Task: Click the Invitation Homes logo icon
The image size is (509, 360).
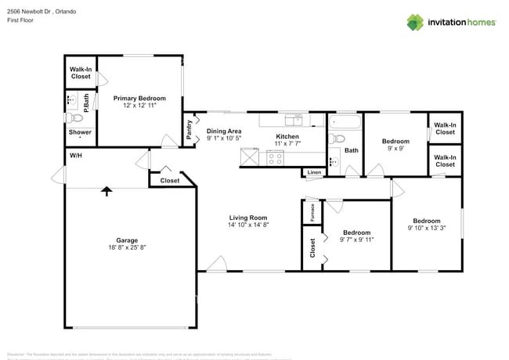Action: coord(415,22)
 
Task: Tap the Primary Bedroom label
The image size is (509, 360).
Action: coord(140,98)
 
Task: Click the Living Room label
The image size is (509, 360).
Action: coord(248,218)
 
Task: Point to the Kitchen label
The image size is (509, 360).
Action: coord(287,137)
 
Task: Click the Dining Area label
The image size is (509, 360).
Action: coord(224,131)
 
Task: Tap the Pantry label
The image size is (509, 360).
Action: coord(190,129)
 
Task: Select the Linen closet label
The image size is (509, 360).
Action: coord(314,172)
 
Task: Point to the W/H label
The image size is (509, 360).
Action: coord(77,156)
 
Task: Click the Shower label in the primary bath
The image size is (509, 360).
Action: coord(80,132)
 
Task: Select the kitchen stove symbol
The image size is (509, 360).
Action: coord(275,157)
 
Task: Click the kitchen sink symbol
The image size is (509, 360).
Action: coord(294,120)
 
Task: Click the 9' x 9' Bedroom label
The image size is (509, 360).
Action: coord(395,142)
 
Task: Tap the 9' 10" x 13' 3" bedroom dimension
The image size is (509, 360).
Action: coord(427,229)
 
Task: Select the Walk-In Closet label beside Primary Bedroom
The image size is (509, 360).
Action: coord(81,73)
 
